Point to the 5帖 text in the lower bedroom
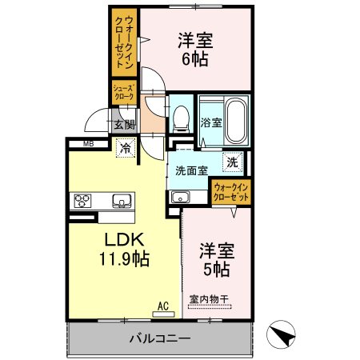[216, 270]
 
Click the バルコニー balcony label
[159, 338]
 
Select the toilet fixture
[182, 120]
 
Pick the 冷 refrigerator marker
[126, 147]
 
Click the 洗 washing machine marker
[231, 162]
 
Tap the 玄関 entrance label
[123, 124]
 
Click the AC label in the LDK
[163, 305]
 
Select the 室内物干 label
[210, 301]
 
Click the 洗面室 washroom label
[192, 170]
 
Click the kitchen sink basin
[121, 200]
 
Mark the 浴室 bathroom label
[210, 124]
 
